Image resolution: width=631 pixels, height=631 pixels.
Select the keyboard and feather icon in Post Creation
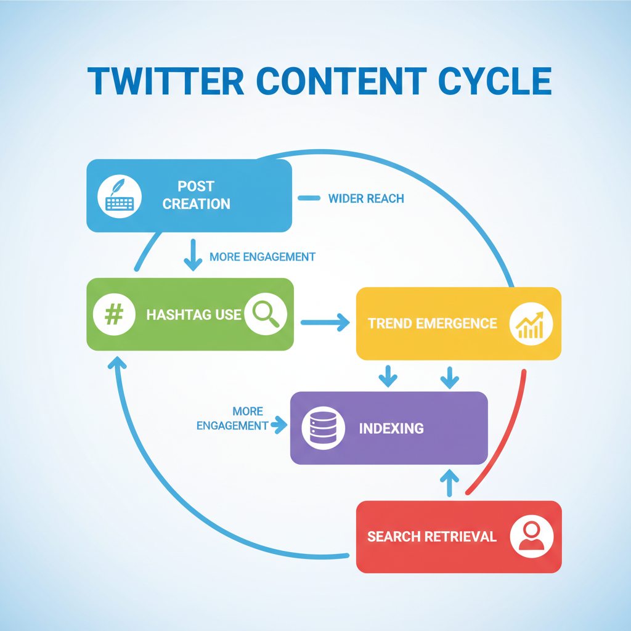(x=120, y=195)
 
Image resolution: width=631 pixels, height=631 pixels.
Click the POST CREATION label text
(x=196, y=195)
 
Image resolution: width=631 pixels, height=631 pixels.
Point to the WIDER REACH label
(x=366, y=198)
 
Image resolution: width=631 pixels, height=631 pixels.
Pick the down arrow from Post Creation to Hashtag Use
(x=193, y=255)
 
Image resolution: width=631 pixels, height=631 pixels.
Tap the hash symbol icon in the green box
(x=114, y=314)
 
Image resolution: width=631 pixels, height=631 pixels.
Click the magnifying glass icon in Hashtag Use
(x=266, y=314)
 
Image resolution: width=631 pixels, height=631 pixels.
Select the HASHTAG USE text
(x=193, y=315)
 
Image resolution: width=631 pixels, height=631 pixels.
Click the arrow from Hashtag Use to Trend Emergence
(x=325, y=322)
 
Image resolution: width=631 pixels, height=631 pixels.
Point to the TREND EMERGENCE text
(x=433, y=324)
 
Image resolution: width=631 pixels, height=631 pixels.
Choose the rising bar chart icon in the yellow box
(x=531, y=324)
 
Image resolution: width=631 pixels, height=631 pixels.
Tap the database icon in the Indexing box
(x=322, y=428)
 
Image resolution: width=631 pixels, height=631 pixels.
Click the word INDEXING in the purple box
(x=391, y=428)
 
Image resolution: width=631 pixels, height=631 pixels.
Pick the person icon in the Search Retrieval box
(x=532, y=536)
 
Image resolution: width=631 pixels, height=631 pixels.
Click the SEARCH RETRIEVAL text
(x=432, y=537)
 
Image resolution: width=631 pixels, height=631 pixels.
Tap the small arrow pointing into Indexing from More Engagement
(x=279, y=424)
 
